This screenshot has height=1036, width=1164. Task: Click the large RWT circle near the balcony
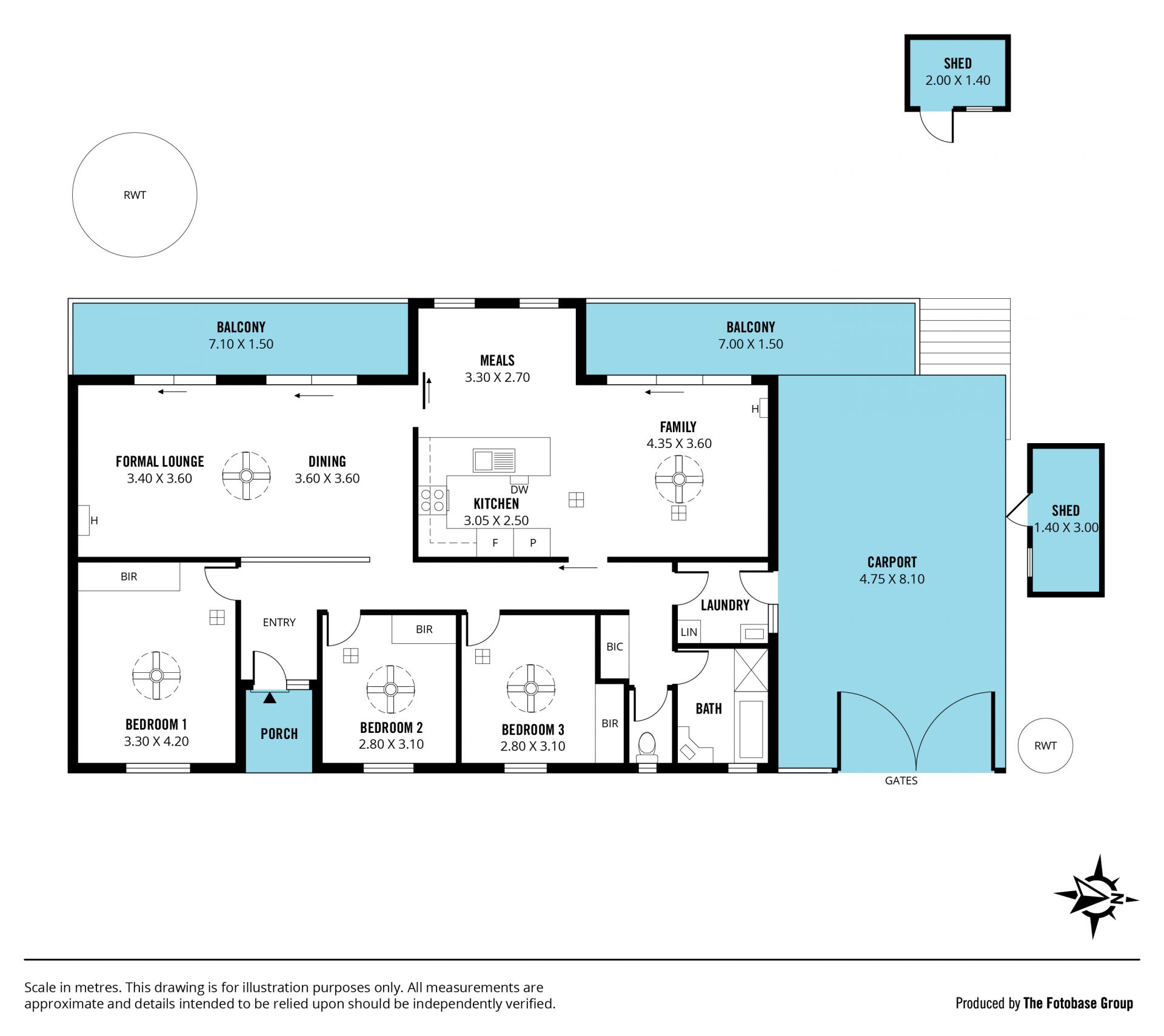[135, 133]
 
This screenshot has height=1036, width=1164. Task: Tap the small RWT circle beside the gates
[1045, 719]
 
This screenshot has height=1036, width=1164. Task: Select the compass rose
[1096, 897]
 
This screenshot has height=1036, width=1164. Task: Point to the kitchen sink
[494, 460]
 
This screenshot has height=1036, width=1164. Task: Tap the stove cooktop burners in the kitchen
[432, 501]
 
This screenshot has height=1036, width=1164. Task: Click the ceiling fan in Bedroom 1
[156, 675]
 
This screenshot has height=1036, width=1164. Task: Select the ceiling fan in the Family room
[679, 479]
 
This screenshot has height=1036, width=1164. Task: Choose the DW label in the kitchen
[519, 490]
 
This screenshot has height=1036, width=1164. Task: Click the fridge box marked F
[495, 543]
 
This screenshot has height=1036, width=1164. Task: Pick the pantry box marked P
[532, 543]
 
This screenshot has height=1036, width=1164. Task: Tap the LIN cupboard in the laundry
[689, 632]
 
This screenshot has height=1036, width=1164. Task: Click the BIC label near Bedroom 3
[614, 647]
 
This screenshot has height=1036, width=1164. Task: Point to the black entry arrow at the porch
[270, 698]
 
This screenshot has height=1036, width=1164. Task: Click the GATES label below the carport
[901, 781]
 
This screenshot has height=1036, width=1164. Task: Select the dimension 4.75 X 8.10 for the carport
[892, 579]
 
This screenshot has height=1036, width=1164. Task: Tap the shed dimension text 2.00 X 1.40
[958, 80]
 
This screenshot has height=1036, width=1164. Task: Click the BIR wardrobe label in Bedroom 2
[424, 629]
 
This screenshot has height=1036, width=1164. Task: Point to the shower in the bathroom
[751, 670]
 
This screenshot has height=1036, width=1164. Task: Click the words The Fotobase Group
[1078, 1003]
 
